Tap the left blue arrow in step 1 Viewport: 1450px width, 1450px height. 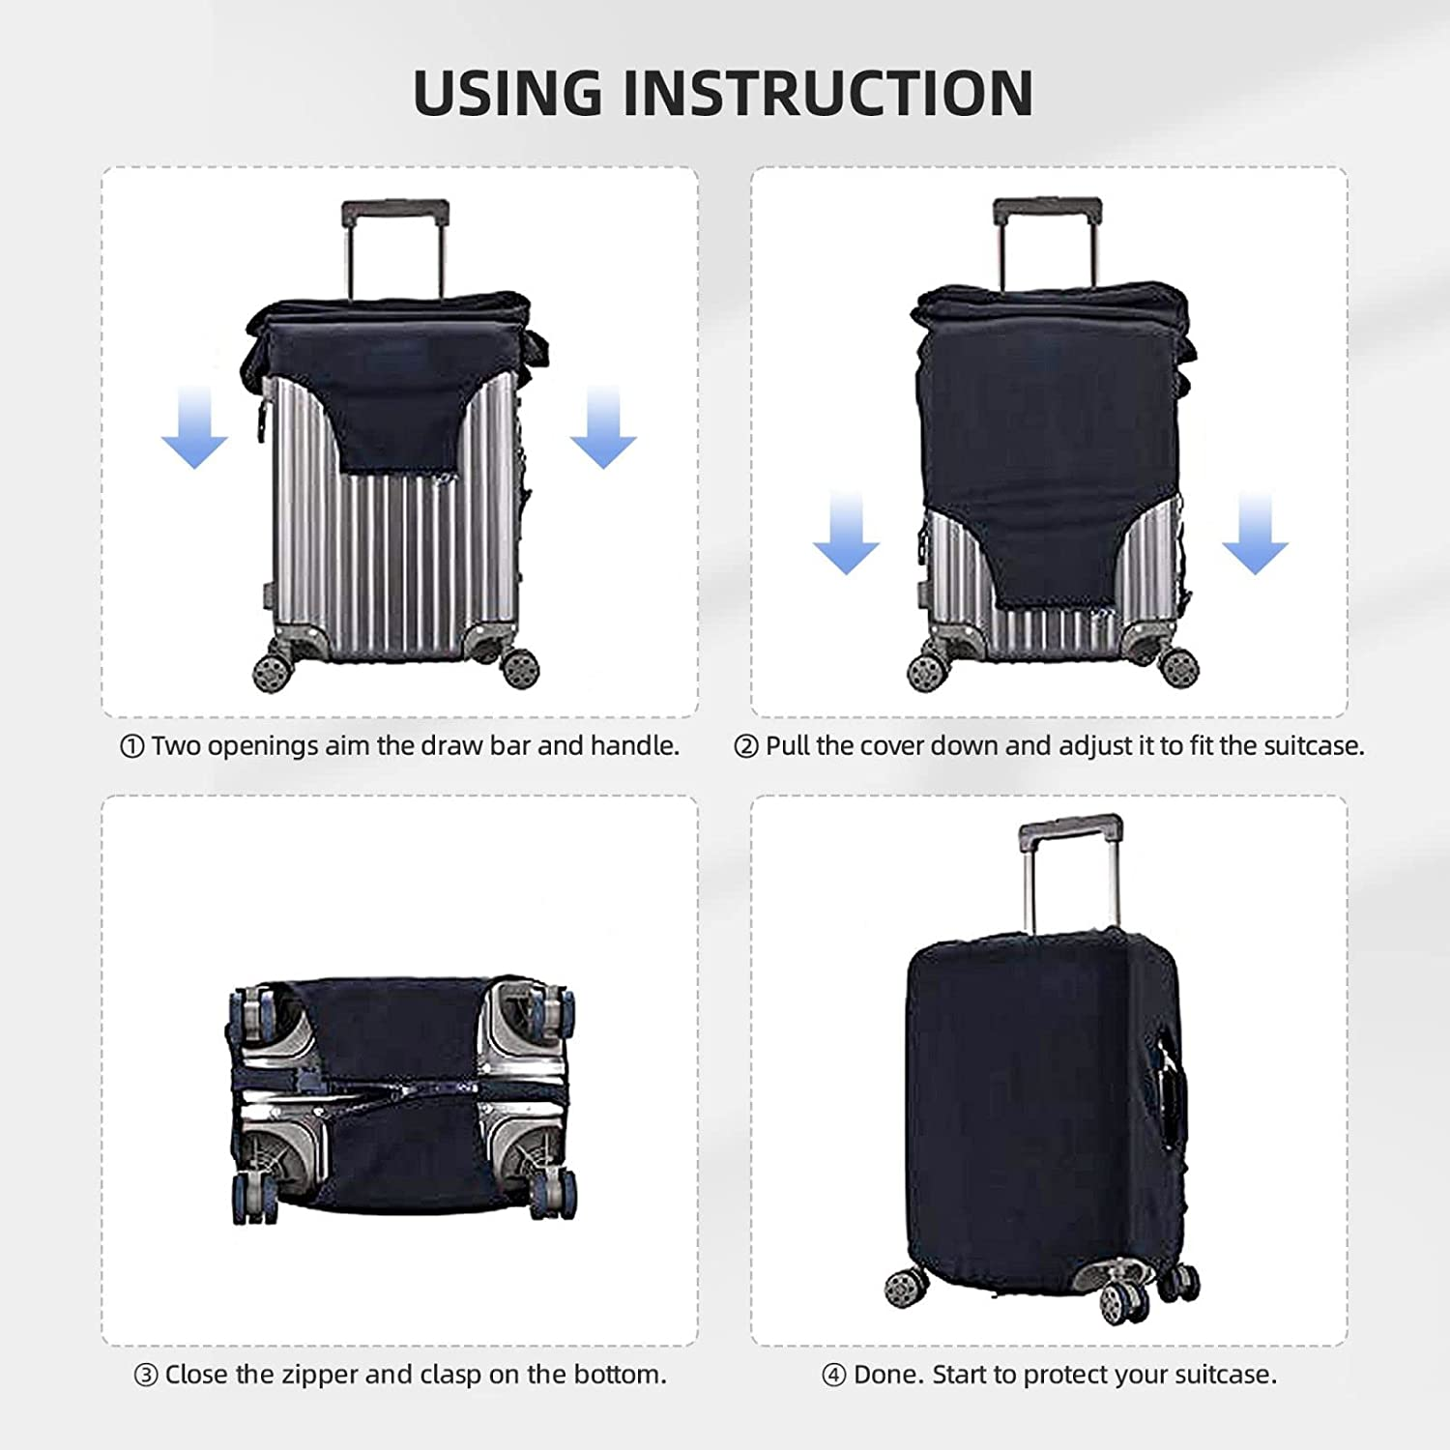[194, 426]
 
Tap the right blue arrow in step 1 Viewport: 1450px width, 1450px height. [603, 426]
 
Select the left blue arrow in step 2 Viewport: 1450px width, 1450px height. [846, 533]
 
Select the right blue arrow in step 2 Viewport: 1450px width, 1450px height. [1255, 533]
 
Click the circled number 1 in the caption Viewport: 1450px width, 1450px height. [131, 747]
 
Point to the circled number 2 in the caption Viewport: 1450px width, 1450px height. [745, 747]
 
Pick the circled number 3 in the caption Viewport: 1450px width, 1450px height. [145, 1376]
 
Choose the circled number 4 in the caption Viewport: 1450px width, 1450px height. [833, 1376]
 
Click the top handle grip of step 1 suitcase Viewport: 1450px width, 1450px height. [394, 210]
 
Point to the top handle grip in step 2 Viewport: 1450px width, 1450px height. [1047, 208]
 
